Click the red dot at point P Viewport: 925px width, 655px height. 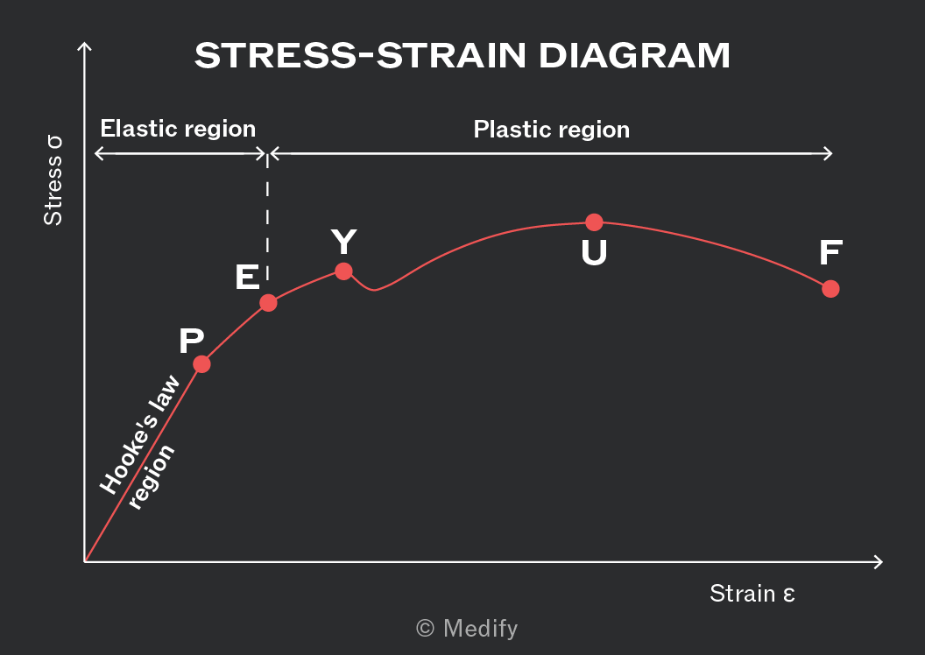[x=201, y=364]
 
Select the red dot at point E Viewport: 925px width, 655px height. [x=268, y=303]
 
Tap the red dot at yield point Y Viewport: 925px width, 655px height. [x=344, y=271]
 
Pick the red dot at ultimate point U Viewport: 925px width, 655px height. [x=594, y=222]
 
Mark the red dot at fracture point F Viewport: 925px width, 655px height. [x=830, y=289]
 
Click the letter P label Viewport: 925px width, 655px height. [x=192, y=341]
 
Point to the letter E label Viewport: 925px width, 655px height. [x=247, y=277]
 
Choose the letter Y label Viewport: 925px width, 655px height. [x=344, y=241]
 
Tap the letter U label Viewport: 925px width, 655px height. [x=594, y=253]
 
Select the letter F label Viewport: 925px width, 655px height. [x=830, y=253]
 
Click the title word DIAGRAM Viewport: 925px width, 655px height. [x=634, y=56]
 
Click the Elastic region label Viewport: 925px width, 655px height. [x=178, y=129]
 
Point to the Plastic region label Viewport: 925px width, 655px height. [x=552, y=130]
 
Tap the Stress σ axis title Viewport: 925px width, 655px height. [x=53, y=180]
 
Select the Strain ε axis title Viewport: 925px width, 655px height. [x=752, y=594]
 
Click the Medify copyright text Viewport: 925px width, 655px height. [x=467, y=629]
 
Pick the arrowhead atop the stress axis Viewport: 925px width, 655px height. [x=84, y=46]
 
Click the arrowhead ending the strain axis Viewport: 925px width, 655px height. [x=879, y=562]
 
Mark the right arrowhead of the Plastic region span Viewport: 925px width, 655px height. [x=828, y=154]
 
